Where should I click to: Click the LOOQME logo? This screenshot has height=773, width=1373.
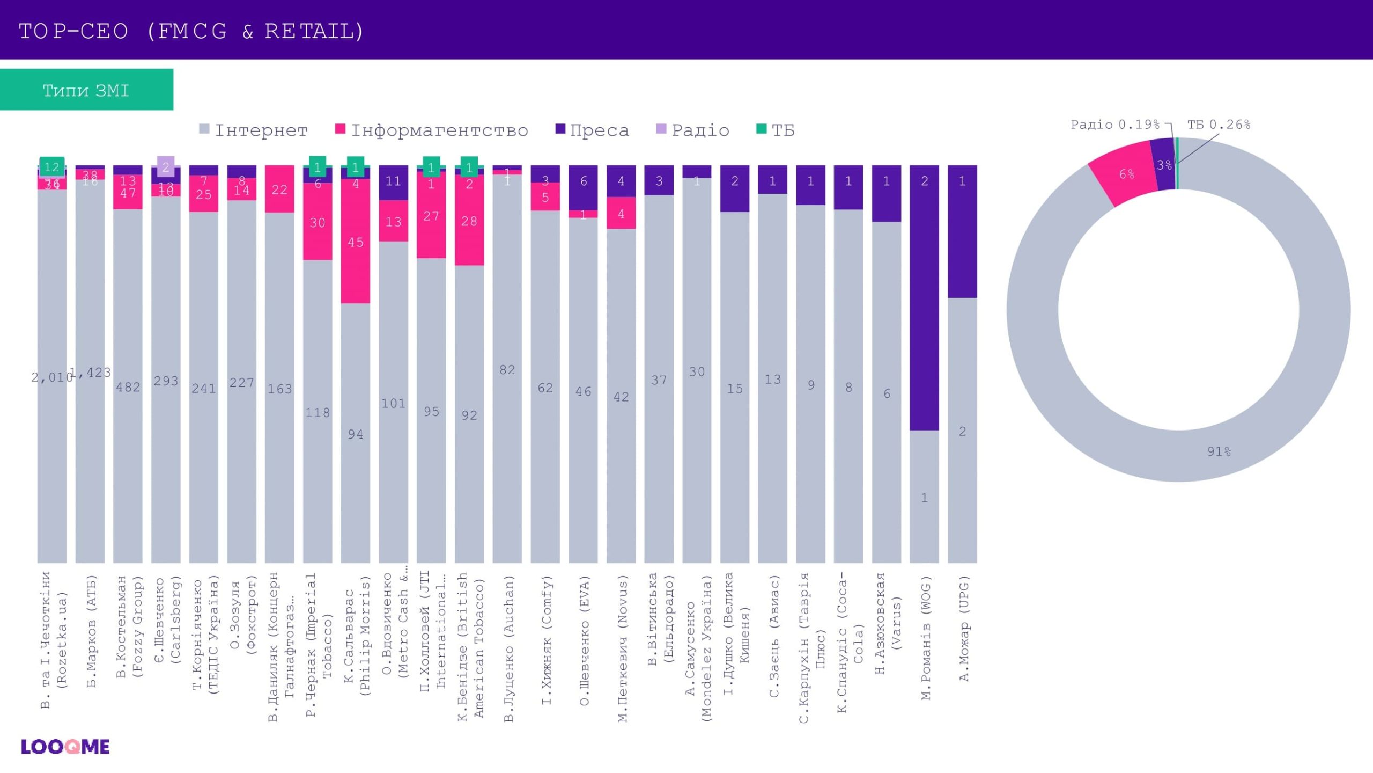tap(65, 747)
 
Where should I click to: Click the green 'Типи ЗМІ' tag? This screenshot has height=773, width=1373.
tap(86, 90)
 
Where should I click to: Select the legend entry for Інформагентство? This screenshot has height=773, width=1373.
tap(431, 130)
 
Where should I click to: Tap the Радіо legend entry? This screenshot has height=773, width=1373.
tap(693, 130)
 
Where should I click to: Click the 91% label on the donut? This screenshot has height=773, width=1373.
tap(1219, 451)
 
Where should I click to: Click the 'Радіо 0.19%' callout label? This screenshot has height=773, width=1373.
tap(1115, 125)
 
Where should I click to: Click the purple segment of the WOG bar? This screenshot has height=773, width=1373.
tap(924, 298)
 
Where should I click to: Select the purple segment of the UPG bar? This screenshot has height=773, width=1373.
tap(962, 231)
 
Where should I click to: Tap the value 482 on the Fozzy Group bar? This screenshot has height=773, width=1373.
tap(128, 387)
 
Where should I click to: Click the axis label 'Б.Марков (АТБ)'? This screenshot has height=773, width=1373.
tap(91, 631)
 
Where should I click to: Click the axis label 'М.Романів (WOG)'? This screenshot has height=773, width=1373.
tap(925, 638)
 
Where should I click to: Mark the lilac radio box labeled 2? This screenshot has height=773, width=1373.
tap(166, 167)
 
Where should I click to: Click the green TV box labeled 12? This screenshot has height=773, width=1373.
tap(52, 167)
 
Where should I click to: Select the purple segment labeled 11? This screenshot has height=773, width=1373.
tap(393, 182)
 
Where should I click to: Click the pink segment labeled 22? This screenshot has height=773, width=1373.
tap(279, 189)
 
